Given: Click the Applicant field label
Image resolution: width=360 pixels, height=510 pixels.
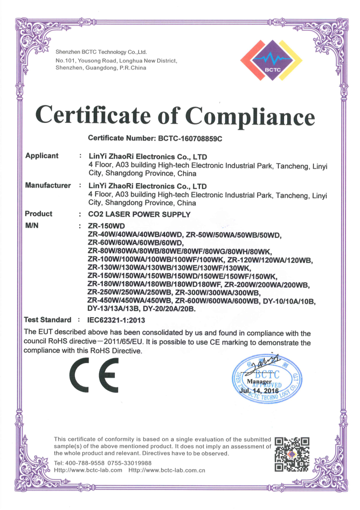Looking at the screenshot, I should tap(41, 156).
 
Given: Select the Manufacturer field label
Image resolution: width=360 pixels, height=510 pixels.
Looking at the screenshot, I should tap(48, 185).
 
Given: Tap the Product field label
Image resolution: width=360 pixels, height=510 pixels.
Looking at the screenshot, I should tap(39, 214).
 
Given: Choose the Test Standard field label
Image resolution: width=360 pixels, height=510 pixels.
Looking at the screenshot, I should tap(48, 320).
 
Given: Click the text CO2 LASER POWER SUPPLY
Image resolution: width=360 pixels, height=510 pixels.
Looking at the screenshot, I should tap(139, 214).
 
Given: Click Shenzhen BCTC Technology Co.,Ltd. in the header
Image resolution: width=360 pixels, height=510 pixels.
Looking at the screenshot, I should tap(101, 52).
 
